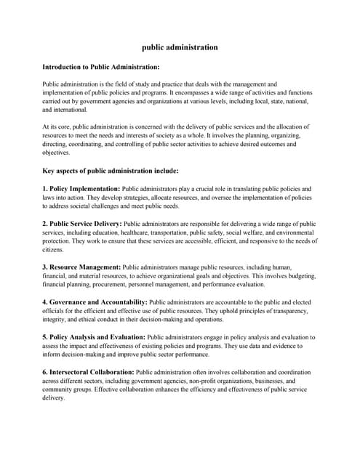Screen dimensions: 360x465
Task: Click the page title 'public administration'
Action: click(x=180, y=47)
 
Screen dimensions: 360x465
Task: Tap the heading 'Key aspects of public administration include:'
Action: click(x=110, y=171)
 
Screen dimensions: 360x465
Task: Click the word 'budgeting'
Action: click(x=299, y=275)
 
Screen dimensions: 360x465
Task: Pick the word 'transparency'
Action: click(x=284, y=310)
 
